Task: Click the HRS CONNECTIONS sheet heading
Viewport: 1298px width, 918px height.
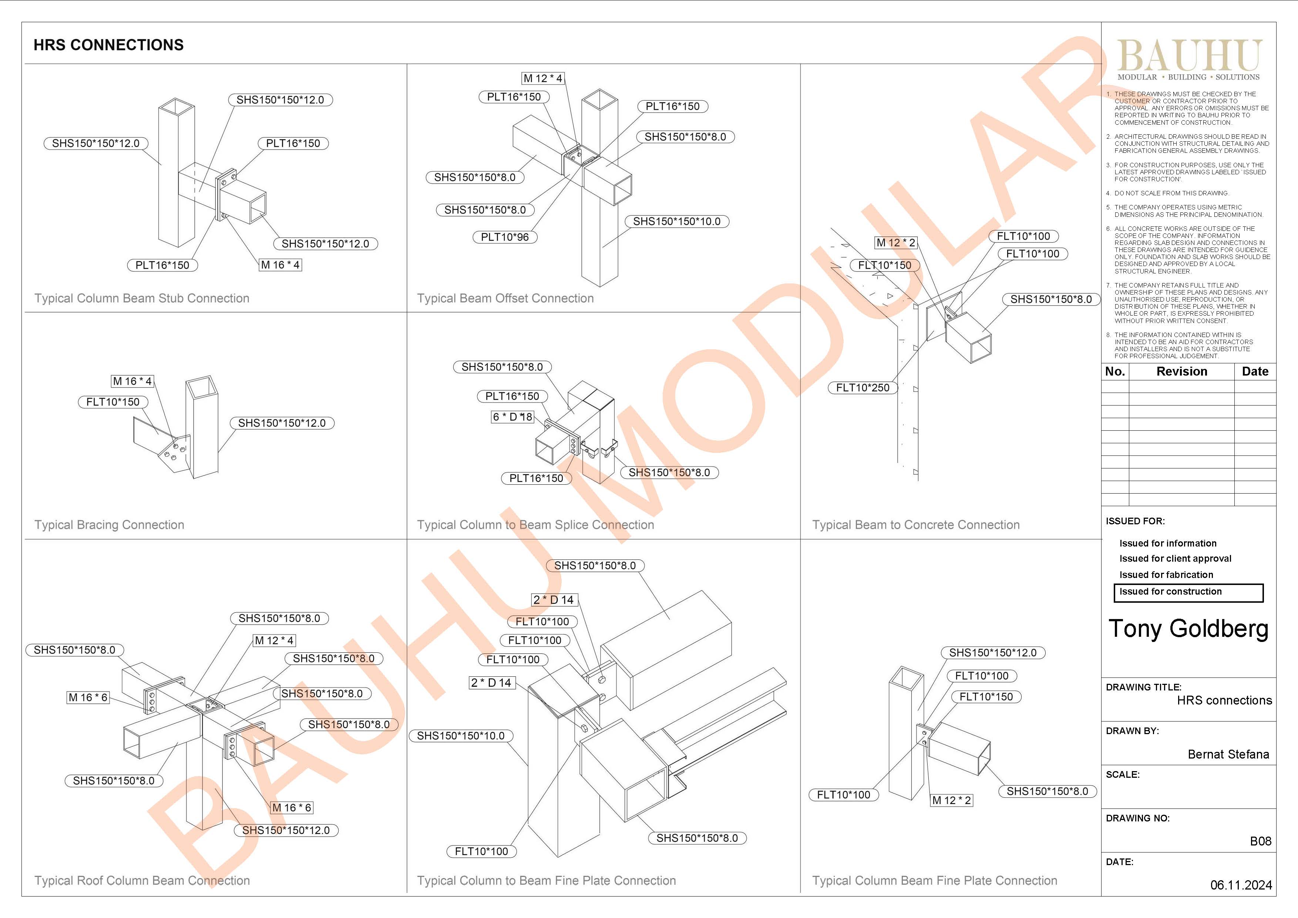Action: [108, 45]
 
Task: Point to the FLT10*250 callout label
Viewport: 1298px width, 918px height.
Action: [863, 388]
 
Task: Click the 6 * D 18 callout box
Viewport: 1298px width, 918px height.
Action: [512, 417]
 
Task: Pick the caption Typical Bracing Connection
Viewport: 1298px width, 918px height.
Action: [109, 525]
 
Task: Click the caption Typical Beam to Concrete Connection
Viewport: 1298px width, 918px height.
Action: [916, 525]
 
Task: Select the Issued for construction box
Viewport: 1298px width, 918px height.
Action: [1188, 592]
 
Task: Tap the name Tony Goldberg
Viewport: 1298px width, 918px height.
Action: [1188, 629]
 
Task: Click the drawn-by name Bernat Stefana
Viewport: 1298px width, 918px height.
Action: [1228, 754]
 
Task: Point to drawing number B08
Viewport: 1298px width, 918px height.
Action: [1260, 841]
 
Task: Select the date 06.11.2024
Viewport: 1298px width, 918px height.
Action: [1241, 885]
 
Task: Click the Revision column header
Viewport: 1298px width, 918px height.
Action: [1181, 371]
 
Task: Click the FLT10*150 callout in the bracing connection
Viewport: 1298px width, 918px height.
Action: [113, 402]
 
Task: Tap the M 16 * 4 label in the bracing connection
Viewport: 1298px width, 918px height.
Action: [132, 381]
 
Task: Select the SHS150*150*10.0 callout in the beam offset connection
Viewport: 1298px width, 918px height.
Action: [677, 222]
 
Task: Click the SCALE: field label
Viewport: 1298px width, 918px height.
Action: [1123, 775]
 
